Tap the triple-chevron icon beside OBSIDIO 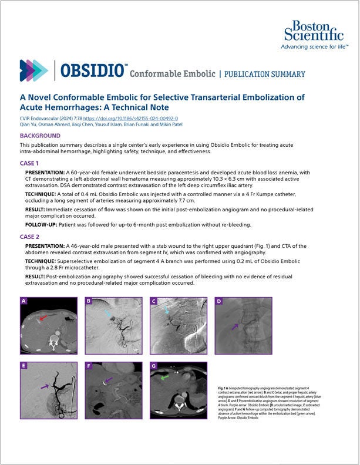tap(33, 70)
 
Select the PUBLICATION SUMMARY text tap(265, 75)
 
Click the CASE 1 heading tap(29, 163)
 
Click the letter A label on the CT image tap(23, 302)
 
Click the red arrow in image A tap(42, 318)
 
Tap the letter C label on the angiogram tap(153, 302)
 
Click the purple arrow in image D tap(234, 326)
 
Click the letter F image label tap(89, 366)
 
